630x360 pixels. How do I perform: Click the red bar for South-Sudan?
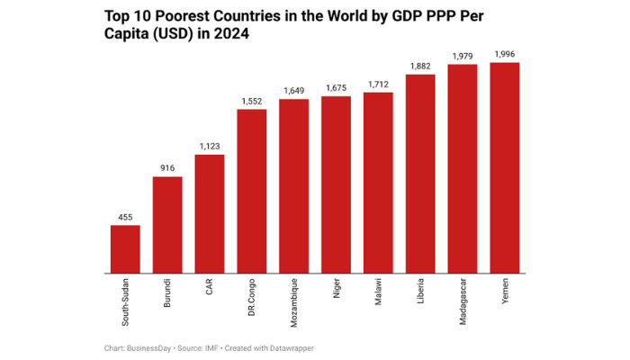click(125, 248)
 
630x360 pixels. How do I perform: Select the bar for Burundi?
click(167, 224)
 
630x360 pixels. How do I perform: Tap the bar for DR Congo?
click(252, 191)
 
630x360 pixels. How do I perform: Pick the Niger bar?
click(336, 184)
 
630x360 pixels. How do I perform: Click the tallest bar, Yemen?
click(504, 167)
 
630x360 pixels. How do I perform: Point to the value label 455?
click(125, 217)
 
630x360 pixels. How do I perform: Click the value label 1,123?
click(210, 146)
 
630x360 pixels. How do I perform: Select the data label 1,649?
click(294, 91)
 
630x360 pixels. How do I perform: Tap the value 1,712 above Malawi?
click(378, 85)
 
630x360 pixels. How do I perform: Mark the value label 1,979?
click(463, 56)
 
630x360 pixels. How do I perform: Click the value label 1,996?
click(504, 55)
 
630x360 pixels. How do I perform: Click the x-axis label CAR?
click(210, 288)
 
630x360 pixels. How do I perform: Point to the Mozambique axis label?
click(294, 301)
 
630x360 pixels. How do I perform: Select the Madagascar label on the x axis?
click(463, 301)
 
